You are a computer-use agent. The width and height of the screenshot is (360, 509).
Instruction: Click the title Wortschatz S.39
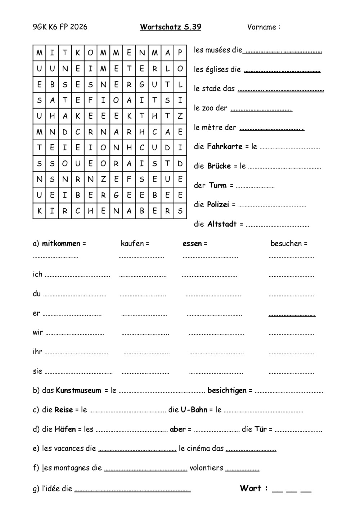pos(170,27)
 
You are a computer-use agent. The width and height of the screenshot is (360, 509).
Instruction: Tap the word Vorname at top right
pos(262,27)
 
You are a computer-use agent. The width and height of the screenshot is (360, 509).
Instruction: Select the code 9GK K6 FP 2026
pos(60,27)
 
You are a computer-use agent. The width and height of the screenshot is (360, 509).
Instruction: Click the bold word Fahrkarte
pos(225,147)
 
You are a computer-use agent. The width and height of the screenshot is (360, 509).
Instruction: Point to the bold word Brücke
pos(219,166)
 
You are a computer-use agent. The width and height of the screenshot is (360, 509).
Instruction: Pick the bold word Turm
pos(218,186)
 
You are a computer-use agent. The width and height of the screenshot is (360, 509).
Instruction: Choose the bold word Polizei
pos(218,205)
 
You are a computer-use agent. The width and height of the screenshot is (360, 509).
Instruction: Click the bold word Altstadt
pos(222,224)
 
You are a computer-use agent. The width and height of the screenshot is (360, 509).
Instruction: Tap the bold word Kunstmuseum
pos(78,391)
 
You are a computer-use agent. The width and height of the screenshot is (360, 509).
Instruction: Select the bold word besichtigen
pos(227,391)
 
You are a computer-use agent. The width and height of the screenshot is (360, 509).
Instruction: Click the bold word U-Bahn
pos(194,410)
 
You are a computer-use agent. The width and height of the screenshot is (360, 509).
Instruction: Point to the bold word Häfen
pos(65,429)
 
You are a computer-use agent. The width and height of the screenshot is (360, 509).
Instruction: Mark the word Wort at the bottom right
pos(251,488)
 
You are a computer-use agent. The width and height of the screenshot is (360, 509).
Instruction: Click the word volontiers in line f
pos(206,468)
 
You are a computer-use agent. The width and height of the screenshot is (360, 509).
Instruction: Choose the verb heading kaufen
pos(132,244)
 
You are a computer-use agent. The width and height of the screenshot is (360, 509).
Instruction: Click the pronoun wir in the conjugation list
pos(38,332)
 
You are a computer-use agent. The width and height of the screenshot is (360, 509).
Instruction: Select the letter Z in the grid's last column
pos(180,116)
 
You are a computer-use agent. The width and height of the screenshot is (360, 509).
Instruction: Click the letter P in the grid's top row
pos(180,53)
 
